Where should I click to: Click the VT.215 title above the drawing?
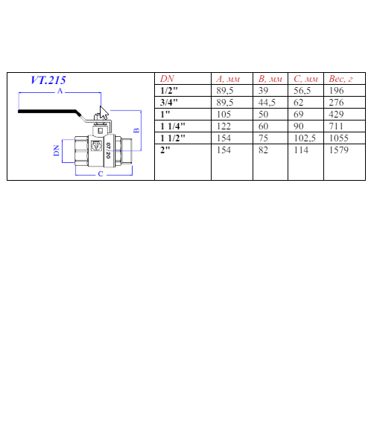[48, 80]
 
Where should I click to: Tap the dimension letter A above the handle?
[60, 91]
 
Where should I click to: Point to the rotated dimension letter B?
[136, 130]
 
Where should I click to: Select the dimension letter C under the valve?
[101, 174]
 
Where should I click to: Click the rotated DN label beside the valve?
[56, 150]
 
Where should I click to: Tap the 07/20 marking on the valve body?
[108, 150]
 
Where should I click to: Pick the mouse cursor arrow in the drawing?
[104, 112]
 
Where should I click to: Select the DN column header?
[167, 79]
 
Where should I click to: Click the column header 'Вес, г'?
[340, 79]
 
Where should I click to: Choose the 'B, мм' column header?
[270, 79]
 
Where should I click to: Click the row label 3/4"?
[168, 103]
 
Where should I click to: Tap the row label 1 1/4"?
[172, 126]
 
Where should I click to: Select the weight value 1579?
[338, 150]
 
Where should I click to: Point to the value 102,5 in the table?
[305, 138]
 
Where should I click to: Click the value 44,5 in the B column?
[267, 103]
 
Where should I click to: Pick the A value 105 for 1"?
[224, 115]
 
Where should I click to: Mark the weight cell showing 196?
[336, 91]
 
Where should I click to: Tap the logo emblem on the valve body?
[96, 146]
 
